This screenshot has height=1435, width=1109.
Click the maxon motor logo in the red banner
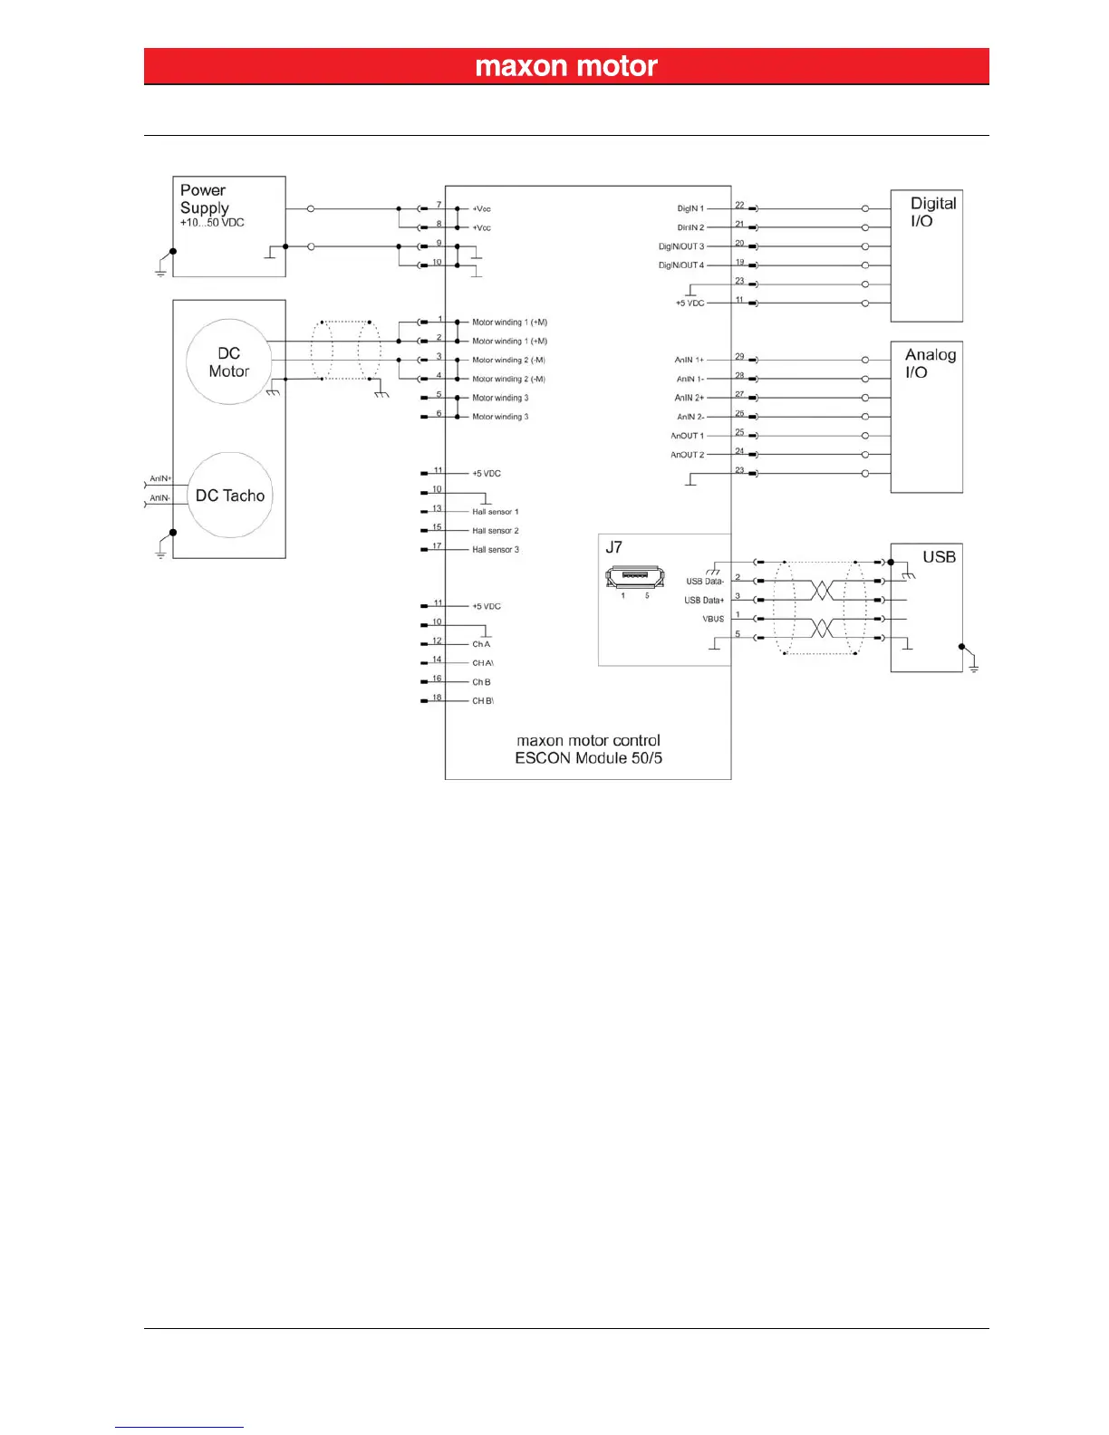(566, 66)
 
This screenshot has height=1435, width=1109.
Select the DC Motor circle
(229, 361)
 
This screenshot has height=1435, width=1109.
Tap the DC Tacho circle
(230, 495)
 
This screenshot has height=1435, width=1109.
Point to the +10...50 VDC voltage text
(212, 223)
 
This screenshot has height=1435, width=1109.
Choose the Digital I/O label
(932, 212)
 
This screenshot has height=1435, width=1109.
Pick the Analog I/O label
(930, 363)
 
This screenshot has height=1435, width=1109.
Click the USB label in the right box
(939, 557)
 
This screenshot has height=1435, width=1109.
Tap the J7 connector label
(613, 547)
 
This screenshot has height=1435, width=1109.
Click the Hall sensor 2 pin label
(495, 531)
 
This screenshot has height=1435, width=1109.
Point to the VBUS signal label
(713, 620)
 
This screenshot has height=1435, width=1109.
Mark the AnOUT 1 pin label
(687, 436)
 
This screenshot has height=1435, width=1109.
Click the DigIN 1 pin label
(690, 208)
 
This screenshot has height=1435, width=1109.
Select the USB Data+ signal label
(704, 601)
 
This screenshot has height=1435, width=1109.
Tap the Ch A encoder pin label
(481, 644)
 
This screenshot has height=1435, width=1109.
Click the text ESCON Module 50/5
(588, 758)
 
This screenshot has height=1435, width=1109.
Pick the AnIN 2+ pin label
(689, 398)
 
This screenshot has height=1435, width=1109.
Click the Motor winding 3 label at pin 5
(500, 398)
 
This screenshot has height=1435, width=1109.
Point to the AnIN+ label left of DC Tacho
(160, 478)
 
